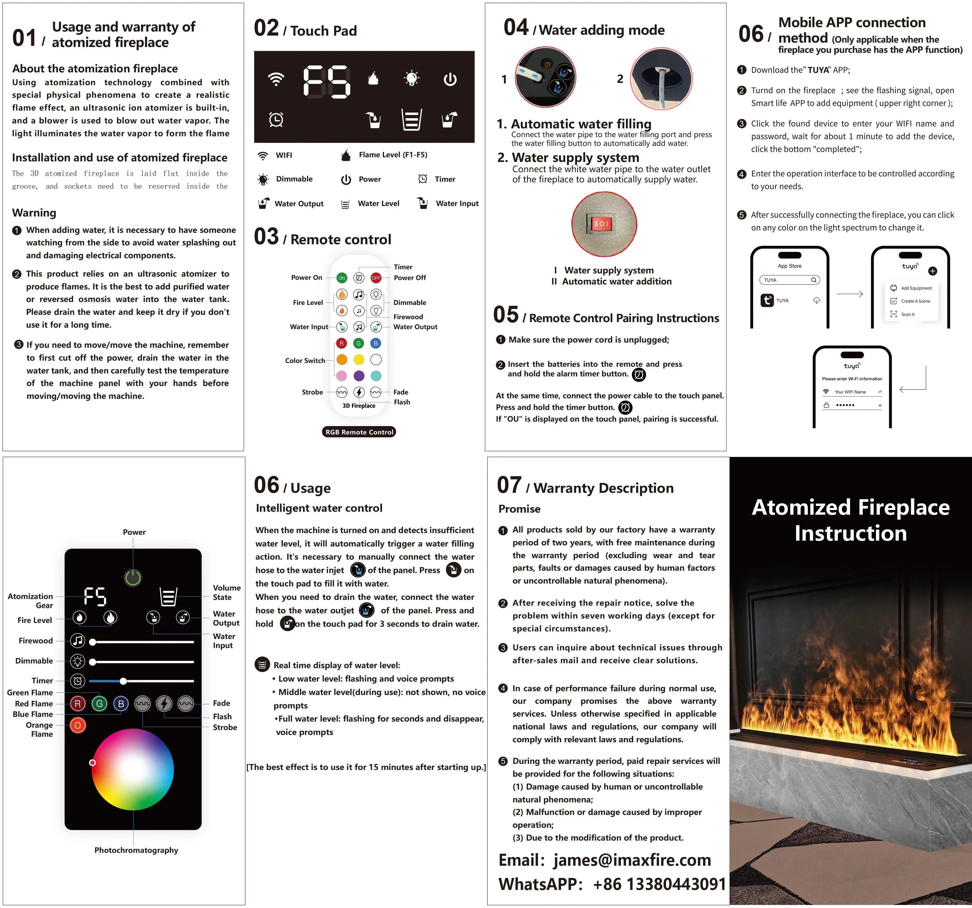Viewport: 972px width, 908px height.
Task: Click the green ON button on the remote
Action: pos(341,278)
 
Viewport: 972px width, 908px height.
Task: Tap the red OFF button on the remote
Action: pos(376,278)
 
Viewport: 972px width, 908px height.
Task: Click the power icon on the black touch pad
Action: pos(450,79)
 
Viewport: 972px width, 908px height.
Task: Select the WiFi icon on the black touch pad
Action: pos(276,79)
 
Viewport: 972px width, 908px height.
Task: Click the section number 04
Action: pos(516,28)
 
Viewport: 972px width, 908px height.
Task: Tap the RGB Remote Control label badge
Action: pos(359,432)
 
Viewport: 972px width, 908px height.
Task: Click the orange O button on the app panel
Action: pos(78,725)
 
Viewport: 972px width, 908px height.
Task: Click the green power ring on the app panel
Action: pos(132,577)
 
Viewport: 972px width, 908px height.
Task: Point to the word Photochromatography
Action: pos(136,850)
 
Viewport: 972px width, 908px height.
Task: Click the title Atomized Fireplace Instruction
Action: pos(850,520)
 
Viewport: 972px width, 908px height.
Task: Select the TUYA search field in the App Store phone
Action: pos(789,280)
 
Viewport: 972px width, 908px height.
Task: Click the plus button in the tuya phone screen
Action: pos(932,271)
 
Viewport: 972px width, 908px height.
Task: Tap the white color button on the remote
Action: pos(376,360)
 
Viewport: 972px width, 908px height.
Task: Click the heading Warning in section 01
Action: pos(34,213)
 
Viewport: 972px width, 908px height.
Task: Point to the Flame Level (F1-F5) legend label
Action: pos(392,155)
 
